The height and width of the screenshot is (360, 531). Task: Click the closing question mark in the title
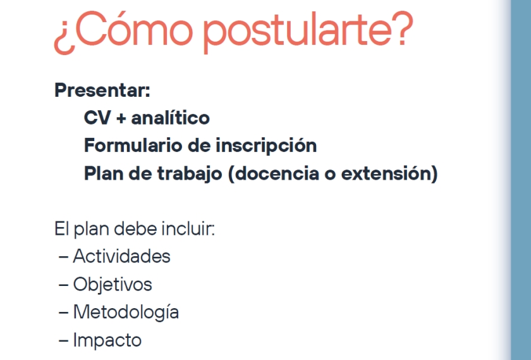point(403,28)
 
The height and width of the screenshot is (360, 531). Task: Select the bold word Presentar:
point(102,90)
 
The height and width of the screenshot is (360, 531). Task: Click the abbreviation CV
point(97,118)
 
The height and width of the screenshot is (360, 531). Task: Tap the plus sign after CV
point(121,119)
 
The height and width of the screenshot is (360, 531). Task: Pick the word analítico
point(170,118)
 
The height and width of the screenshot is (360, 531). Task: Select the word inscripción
point(266,146)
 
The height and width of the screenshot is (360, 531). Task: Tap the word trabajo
point(190,174)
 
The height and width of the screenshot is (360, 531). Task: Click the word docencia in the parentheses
point(276,173)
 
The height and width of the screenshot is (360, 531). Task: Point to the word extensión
point(386,173)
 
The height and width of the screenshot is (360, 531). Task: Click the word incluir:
point(188,228)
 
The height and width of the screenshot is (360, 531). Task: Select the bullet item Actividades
point(121,256)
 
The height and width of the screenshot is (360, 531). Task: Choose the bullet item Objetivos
point(113,285)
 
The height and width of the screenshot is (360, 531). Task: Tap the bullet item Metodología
point(126,313)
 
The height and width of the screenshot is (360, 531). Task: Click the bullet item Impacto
point(107,340)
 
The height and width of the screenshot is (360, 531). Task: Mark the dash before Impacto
point(63,341)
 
